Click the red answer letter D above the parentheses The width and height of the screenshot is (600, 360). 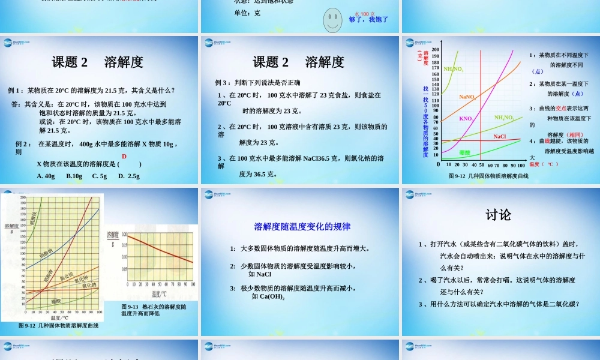click(124, 157)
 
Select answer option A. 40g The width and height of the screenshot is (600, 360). click(46, 176)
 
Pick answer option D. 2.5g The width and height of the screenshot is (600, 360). click(129, 176)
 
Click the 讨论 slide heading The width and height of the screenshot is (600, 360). click(498, 214)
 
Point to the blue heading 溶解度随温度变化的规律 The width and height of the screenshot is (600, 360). click(302, 227)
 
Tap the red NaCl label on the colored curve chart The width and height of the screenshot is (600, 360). click(500, 137)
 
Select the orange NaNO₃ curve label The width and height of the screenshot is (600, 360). click(467, 97)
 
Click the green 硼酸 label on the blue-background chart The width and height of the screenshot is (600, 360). click(464, 152)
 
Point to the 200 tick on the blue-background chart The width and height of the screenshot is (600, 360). click(435, 50)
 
